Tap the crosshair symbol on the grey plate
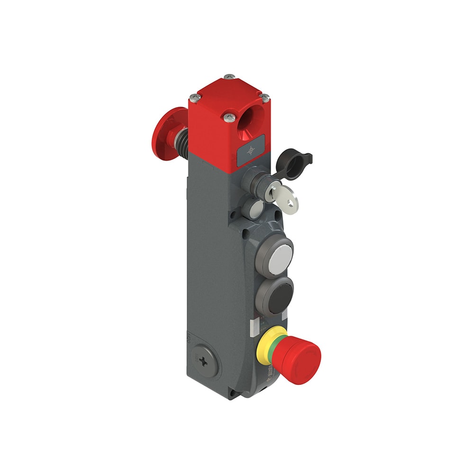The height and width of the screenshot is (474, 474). (251, 150)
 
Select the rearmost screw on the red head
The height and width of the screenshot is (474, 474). (229, 76)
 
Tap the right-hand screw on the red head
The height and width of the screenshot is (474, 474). (265, 97)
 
